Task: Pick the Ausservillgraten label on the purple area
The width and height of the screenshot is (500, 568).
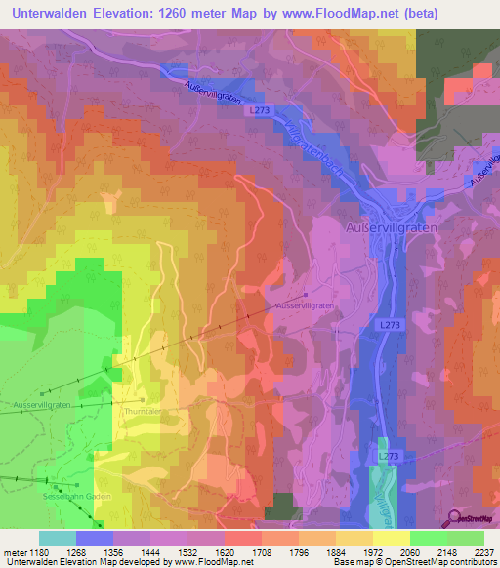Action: coord(306,305)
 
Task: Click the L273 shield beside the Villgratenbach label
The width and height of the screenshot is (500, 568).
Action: coord(258,112)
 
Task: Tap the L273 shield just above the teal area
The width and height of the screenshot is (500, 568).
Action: coord(389,456)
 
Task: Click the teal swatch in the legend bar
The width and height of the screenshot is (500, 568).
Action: coord(58,538)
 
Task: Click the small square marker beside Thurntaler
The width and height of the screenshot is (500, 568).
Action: coord(143,399)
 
